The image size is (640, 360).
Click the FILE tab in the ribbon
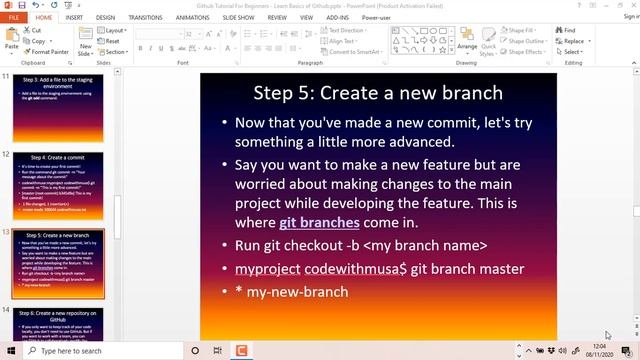14,17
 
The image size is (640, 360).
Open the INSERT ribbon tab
74,17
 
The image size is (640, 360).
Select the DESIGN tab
106,17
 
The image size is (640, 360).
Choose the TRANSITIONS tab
145,17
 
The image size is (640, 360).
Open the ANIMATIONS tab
192,17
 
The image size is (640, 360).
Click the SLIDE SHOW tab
238,17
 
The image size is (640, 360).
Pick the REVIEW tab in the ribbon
278,17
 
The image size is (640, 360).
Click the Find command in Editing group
568,30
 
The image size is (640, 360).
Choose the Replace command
573,41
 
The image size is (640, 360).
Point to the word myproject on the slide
267,269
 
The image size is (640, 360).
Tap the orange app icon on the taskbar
240,351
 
